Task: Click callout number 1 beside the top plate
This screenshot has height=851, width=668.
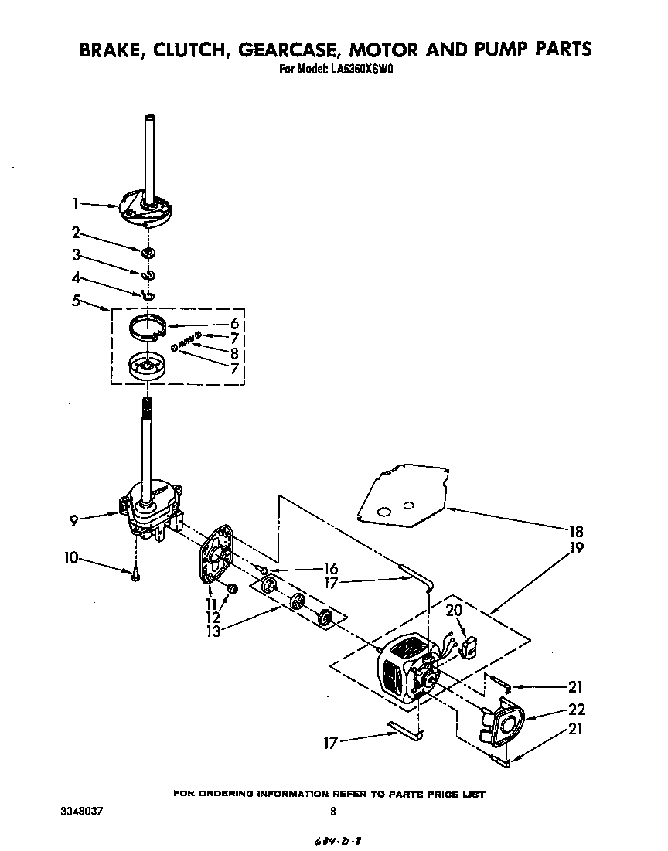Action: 75,204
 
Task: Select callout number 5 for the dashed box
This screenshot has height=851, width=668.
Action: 76,300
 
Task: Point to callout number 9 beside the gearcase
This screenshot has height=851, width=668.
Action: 74,520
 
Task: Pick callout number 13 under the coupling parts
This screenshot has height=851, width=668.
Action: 213,631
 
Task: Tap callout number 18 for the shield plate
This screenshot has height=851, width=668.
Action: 574,532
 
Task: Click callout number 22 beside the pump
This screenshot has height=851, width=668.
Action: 576,710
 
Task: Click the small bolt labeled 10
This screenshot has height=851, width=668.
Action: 135,573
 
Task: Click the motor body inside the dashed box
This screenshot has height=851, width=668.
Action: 402,669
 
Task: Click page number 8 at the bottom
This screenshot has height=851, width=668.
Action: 333,812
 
